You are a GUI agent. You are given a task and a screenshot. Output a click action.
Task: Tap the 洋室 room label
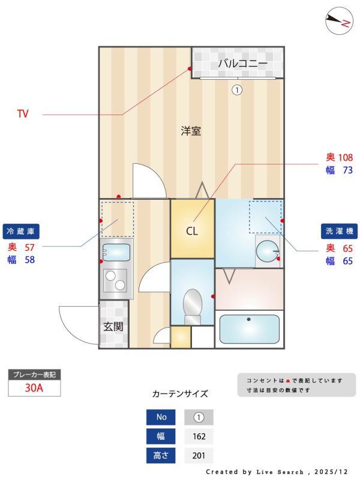tap(191, 131)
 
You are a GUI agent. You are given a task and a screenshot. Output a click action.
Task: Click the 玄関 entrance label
tap(113, 327)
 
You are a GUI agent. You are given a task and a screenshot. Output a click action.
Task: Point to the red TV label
tap(23, 113)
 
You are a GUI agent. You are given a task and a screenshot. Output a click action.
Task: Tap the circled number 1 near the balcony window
tap(237, 90)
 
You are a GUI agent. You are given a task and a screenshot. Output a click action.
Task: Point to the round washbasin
tap(268, 248)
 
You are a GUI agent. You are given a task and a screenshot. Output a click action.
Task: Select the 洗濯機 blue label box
tap(338, 231)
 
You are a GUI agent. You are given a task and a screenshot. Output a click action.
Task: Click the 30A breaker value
tap(34, 388)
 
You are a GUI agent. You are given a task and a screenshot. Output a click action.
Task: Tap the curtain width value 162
tap(199, 436)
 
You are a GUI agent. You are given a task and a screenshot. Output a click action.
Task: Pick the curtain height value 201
tap(199, 455)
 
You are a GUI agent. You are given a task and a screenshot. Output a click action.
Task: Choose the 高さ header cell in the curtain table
tap(161, 455)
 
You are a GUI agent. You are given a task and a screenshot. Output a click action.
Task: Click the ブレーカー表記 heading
tap(34, 375)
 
